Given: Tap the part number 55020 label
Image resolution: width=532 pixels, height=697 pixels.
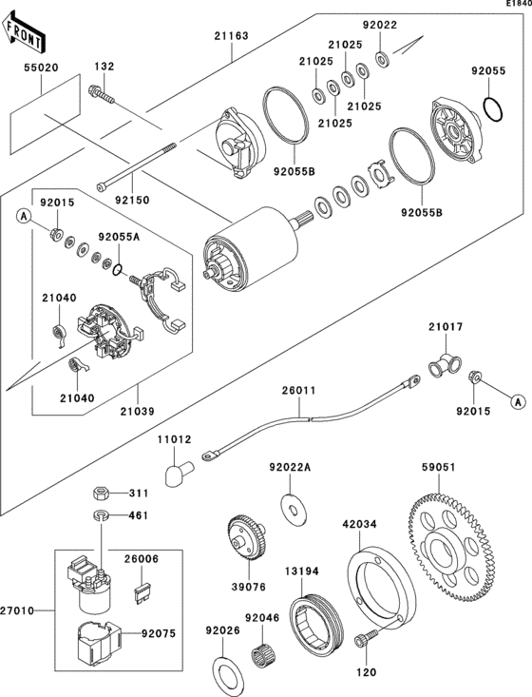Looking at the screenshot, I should pyautogui.click(x=41, y=69).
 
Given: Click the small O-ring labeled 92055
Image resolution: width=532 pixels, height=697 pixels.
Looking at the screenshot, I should pyautogui.click(x=492, y=109).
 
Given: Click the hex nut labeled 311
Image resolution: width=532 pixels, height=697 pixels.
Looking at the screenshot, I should pyautogui.click(x=100, y=494).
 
